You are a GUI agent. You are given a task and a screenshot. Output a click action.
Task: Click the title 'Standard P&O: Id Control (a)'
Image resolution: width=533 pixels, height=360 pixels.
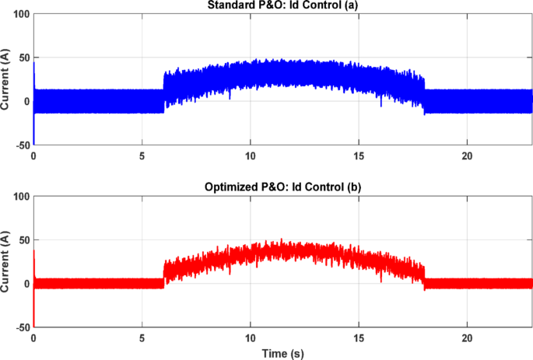282,6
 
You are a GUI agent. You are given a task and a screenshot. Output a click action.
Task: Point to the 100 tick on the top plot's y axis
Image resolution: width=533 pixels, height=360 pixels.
20,15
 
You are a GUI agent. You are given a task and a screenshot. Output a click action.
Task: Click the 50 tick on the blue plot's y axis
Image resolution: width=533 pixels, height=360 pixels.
23,58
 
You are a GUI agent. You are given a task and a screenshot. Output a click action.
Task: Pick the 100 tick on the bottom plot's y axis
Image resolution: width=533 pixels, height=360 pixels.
20,197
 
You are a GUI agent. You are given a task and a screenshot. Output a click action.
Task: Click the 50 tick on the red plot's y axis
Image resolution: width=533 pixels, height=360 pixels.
23,241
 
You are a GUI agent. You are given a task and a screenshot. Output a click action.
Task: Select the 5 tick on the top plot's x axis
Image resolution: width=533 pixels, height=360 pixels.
142,156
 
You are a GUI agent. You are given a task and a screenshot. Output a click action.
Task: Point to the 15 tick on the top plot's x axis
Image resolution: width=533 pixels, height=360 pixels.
358,156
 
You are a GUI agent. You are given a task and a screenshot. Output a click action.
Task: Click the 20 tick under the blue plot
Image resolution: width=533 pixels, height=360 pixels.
466,156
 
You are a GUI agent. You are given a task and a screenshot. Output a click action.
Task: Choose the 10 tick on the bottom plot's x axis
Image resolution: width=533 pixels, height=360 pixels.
250,338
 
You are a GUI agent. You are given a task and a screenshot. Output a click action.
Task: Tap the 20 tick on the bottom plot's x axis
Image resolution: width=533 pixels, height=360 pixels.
466,338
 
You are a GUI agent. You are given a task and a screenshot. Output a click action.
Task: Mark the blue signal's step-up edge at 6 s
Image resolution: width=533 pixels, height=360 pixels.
163,82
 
